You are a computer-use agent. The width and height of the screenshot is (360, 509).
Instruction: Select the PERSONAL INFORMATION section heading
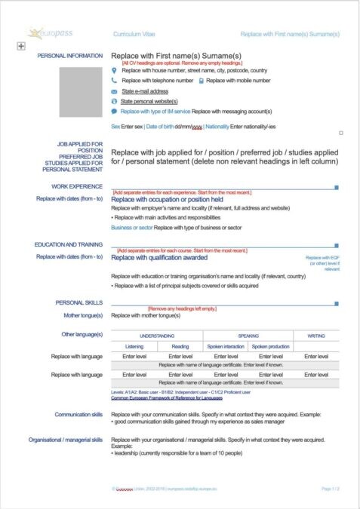70,56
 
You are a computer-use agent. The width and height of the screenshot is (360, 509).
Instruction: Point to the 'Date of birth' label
158,126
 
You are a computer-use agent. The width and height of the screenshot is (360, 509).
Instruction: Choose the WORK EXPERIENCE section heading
77,185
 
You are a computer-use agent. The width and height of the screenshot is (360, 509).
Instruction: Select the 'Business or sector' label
131,227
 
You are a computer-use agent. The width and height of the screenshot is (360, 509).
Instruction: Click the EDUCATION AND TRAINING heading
69,244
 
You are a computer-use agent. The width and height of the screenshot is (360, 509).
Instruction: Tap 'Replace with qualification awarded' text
158,257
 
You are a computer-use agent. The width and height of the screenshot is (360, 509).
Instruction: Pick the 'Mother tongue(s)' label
83,314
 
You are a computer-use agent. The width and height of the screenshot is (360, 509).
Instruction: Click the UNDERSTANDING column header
157,336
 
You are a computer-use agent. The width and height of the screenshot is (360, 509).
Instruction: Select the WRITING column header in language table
316,336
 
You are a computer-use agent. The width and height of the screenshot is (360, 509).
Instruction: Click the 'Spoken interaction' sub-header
226,346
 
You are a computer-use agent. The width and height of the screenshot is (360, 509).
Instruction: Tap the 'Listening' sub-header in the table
134,346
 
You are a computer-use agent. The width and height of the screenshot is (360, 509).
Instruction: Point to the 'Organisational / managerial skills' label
66,439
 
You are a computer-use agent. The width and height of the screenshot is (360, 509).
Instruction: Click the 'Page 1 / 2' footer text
331,489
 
